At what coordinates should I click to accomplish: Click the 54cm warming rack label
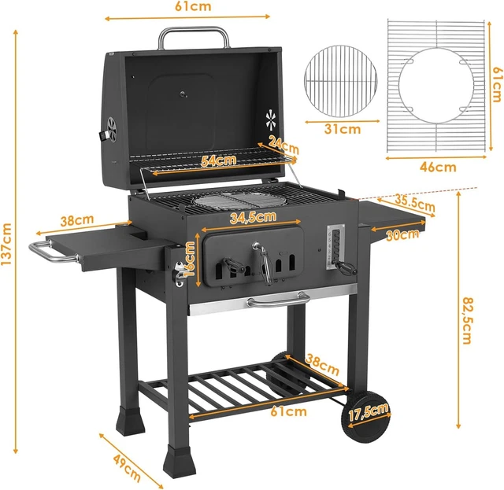219,160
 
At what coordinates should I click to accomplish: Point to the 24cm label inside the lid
283,146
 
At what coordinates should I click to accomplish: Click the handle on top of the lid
195,35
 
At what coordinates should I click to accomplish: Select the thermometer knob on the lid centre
183,96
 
